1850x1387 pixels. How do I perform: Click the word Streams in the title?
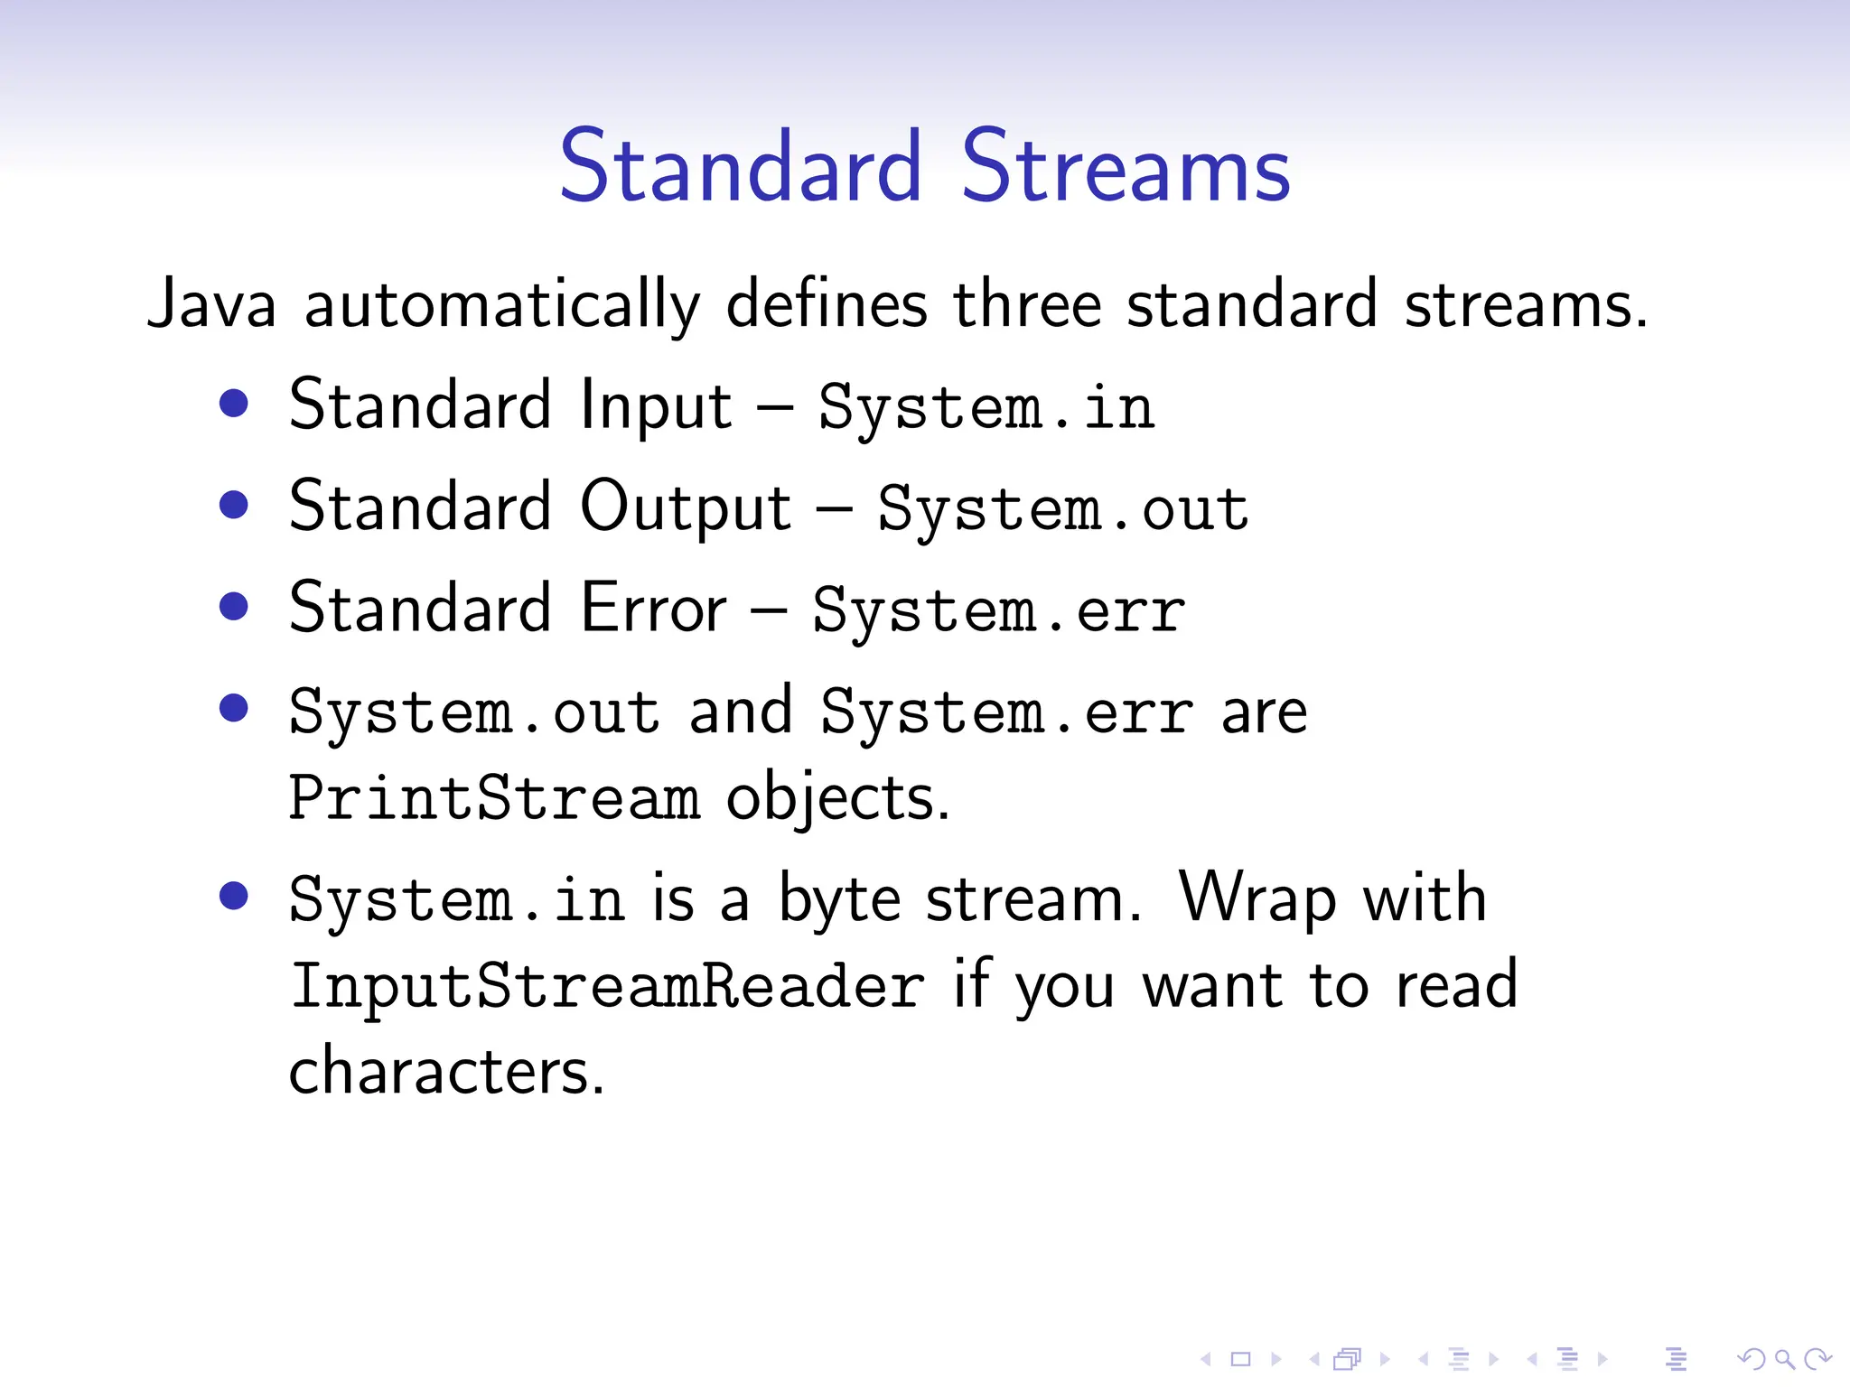point(1126,167)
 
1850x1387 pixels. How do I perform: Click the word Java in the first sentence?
point(211,305)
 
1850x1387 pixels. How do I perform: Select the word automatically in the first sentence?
point(502,305)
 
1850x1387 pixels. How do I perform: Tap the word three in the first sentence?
point(1027,305)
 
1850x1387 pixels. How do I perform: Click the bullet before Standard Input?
point(234,404)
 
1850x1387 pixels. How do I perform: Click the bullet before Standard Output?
point(234,505)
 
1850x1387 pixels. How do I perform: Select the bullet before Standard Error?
point(234,606)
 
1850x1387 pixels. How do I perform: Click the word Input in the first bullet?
point(656,406)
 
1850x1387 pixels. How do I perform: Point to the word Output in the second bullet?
point(686,507)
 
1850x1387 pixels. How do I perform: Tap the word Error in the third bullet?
point(653,608)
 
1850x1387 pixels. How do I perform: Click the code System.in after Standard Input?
point(986,408)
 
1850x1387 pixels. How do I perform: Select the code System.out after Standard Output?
point(1063,509)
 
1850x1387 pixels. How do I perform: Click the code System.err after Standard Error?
point(998,611)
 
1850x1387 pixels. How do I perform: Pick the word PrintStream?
point(494,798)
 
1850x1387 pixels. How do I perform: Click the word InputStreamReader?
point(607,986)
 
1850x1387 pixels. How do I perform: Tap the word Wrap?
point(1257,899)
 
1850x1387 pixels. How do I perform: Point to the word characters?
point(445,1072)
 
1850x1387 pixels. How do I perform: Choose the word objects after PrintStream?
point(836,798)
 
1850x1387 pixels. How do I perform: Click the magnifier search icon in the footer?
point(1784,1358)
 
